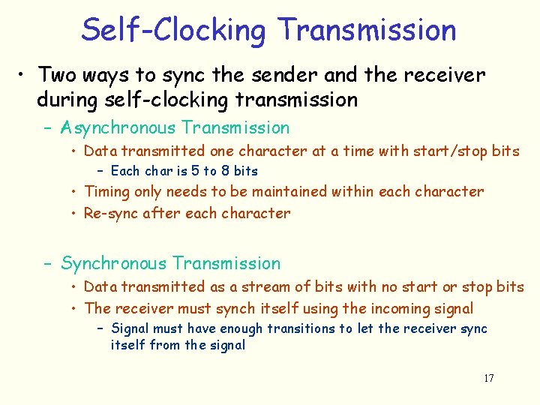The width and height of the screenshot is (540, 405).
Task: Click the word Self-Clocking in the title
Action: pyautogui.click(x=175, y=31)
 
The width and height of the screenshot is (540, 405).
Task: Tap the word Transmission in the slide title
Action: pyautogui.click(x=366, y=31)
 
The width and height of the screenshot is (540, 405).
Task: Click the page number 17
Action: pyautogui.click(x=488, y=378)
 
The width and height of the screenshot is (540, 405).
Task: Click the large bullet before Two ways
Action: pyautogui.click(x=24, y=76)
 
